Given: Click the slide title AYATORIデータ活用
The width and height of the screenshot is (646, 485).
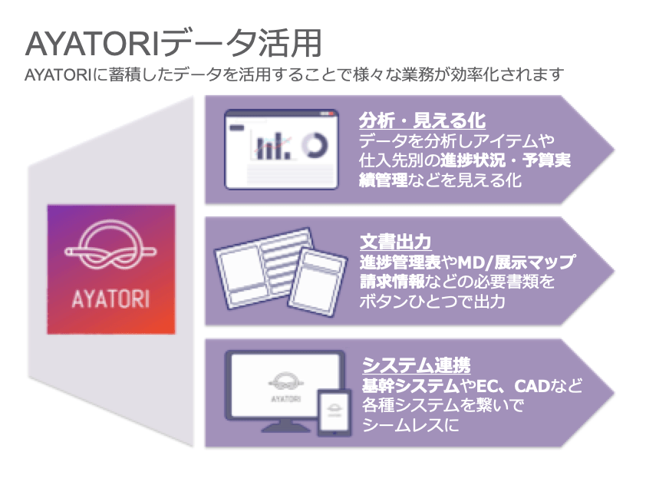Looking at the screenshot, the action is click(173, 43).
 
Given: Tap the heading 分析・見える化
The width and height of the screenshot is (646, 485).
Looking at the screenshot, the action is click(422, 120).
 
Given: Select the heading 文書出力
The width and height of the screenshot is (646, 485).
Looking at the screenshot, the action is click(396, 242).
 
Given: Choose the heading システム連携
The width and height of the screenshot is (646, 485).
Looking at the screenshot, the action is click(416, 365).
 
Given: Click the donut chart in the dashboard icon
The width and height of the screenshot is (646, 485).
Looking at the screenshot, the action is click(315, 146).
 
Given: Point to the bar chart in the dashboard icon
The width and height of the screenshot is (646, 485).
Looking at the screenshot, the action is click(272, 147).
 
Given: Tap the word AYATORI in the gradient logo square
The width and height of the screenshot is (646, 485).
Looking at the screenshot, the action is click(110, 299).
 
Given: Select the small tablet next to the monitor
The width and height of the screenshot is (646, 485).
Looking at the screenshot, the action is click(334, 412).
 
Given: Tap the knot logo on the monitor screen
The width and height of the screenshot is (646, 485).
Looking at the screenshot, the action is click(285, 382).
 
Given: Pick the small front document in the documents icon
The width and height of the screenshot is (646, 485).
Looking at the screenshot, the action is click(317, 282).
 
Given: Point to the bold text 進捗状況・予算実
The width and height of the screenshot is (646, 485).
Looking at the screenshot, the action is click(506, 160).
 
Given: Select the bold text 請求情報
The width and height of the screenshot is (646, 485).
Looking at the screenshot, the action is click(392, 282).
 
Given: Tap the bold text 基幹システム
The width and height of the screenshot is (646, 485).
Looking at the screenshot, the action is click(410, 386).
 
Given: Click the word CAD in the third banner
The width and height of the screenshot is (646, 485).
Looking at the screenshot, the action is click(532, 386).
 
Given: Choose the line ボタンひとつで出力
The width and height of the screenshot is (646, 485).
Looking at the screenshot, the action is click(433, 302).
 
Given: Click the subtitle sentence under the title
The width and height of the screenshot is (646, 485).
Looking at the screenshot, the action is click(294, 74).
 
